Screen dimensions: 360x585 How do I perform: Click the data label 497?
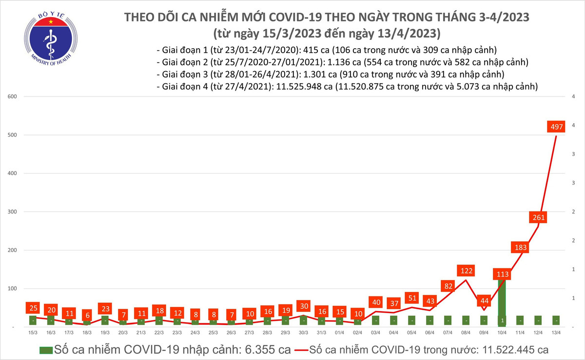tap(556, 127)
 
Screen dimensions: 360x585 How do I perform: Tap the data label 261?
tap(538, 217)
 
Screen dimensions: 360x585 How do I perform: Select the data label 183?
tap(520, 247)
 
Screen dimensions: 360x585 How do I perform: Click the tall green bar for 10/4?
tap(502, 302)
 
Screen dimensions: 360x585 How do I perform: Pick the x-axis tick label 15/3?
tap(33, 332)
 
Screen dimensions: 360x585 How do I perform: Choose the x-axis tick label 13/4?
tap(556, 332)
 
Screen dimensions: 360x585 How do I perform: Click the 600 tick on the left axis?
tap(13, 96)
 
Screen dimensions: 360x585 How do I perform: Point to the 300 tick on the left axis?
tap(13, 212)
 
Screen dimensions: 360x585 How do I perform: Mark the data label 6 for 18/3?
tap(87, 315)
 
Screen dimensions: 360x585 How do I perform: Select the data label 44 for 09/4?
tap(485, 301)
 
